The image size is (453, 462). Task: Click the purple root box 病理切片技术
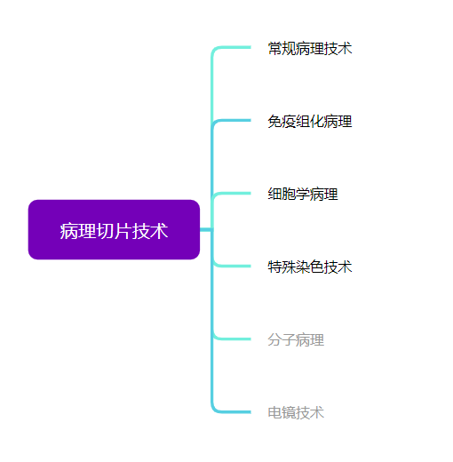point(114,229)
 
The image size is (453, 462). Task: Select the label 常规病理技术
point(310,49)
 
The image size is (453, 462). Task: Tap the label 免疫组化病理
point(310,122)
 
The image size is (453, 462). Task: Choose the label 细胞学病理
point(303,195)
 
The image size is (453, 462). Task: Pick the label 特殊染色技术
point(310,267)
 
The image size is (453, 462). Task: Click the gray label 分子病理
point(296,339)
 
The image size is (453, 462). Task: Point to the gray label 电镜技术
point(296,412)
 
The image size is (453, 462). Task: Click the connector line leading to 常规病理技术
point(212,118)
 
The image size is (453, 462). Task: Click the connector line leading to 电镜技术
point(212,340)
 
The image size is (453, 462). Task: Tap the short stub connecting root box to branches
point(206,229)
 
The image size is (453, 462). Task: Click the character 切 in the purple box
point(105,231)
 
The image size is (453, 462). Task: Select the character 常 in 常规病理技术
point(274,49)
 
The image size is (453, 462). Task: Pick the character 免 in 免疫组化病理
point(274,122)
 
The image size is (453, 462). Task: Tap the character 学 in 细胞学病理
point(303,195)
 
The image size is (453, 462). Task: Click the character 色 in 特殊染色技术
point(317,267)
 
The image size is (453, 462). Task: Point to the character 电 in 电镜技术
point(274,412)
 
